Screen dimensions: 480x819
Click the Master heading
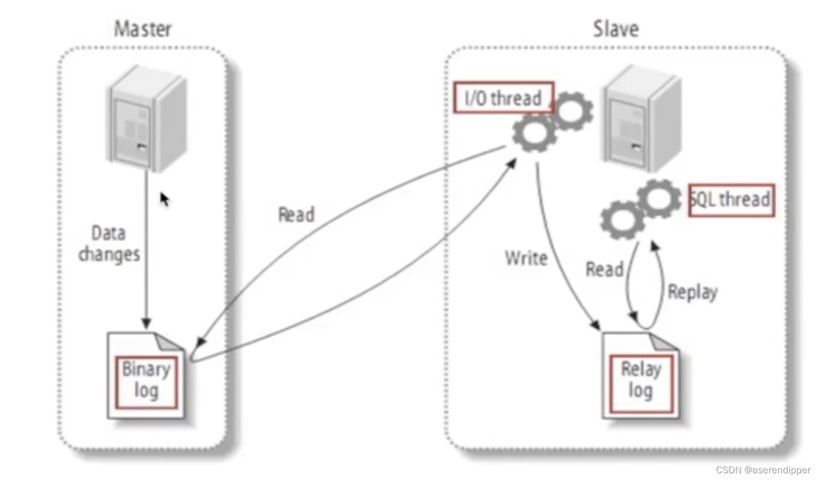143,29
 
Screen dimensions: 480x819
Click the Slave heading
615,29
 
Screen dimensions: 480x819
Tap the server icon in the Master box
146,118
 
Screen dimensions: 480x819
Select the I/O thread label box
504,98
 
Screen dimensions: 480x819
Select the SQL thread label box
731,199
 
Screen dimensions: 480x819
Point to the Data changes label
109,243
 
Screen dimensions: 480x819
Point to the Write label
526,258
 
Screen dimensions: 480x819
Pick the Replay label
692,292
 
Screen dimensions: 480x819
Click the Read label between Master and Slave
296,214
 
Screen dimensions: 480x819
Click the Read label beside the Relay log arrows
604,270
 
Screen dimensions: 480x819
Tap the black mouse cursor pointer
164,199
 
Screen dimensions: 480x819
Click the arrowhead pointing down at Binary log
146,323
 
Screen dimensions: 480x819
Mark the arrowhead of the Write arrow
596,325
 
